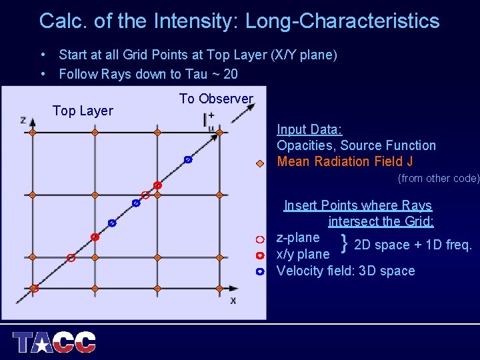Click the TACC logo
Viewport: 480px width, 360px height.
pos(55,342)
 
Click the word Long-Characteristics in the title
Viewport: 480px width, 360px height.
pos(342,21)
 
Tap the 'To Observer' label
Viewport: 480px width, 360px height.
pos(216,99)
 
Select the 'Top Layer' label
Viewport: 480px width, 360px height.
pos(83,111)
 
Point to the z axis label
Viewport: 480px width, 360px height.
pos(23,120)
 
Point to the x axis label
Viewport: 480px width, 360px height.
pos(233,301)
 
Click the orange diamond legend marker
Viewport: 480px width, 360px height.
pos(260,163)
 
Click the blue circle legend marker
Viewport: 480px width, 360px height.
pos(260,271)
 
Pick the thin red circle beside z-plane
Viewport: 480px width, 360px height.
pos(260,239)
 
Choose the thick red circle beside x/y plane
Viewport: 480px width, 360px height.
pos(260,255)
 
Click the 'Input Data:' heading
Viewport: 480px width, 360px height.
pos(309,129)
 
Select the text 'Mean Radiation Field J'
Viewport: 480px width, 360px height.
pos(345,161)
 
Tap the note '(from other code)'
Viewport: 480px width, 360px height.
pos(438,179)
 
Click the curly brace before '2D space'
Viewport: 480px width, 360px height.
pos(344,244)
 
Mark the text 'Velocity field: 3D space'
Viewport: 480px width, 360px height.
pos(345,271)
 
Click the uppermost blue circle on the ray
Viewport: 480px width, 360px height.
pos(188,159)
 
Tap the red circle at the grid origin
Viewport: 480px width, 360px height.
pos(35,289)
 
